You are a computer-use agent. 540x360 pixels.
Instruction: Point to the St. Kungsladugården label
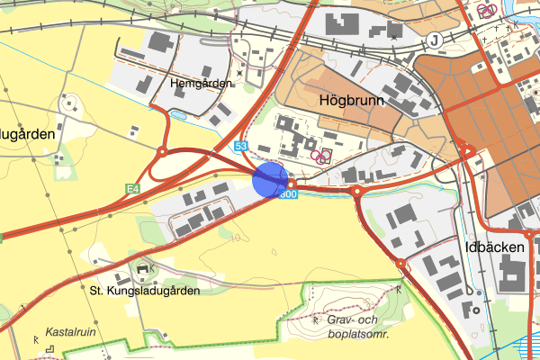point(145,291)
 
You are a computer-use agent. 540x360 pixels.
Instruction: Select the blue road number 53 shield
point(240,146)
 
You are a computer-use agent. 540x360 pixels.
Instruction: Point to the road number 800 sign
point(287,193)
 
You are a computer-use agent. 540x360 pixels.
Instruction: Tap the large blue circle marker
point(270,178)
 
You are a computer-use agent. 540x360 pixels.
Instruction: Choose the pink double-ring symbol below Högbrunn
point(319,155)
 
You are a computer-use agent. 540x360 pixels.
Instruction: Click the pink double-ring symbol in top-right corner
point(487,11)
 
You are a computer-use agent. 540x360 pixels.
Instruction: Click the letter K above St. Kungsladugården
point(154,268)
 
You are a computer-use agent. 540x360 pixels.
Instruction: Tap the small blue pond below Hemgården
point(178,115)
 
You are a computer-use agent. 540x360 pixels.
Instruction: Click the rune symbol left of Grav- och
point(315,318)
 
